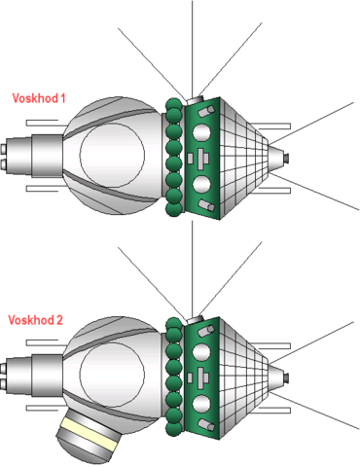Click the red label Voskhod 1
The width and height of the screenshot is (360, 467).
pyautogui.click(x=39, y=97)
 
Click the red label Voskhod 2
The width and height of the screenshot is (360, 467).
pyautogui.click(x=35, y=319)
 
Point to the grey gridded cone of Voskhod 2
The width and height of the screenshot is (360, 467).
pyautogui.click(x=247, y=374)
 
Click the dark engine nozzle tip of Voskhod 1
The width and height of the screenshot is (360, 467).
pyautogui.click(x=289, y=155)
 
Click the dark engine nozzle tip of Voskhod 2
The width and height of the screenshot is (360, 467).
pyautogui.click(x=289, y=376)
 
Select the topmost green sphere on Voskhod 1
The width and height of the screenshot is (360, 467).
pyautogui.click(x=174, y=104)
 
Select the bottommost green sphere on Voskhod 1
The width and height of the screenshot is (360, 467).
pyautogui.click(x=174, y=206)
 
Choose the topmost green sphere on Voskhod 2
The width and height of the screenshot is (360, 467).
pyautogui.click(x=174, y=325)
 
